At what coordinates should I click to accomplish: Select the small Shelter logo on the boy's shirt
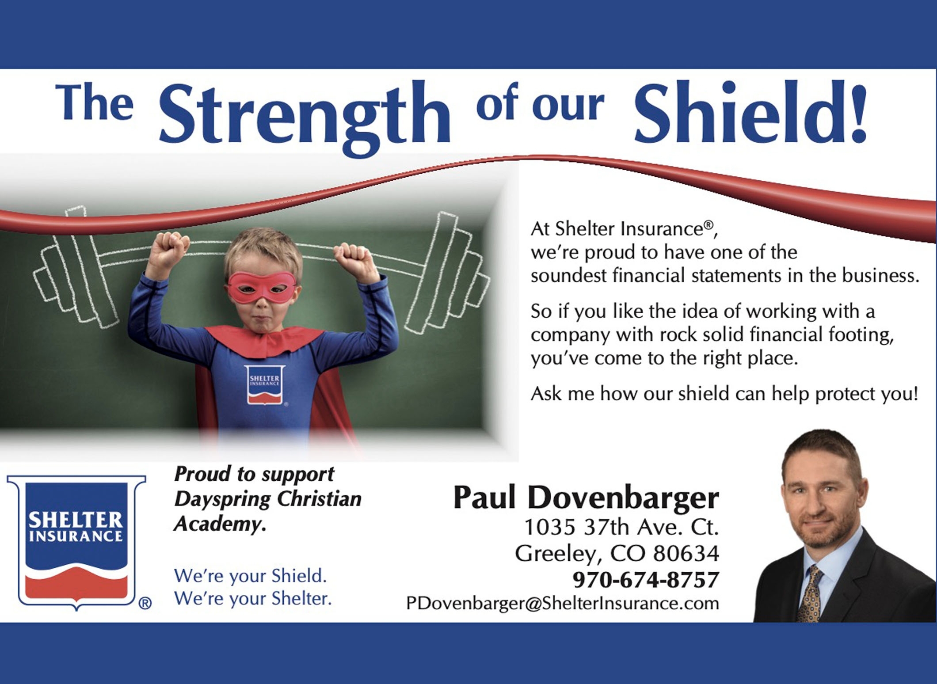pos(265,385)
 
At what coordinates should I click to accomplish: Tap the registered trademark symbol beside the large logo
pos(145,603)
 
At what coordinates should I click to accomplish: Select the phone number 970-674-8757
pos(646,579)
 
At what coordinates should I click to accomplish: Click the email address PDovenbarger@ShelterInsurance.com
pos(563,603)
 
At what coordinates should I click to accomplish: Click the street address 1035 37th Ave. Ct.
pos(621,527)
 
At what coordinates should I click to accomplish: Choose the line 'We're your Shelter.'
pos(253,599)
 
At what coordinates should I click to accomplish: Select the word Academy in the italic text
pos(220,524)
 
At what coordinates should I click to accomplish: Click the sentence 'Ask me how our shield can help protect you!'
pos(724,394)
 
